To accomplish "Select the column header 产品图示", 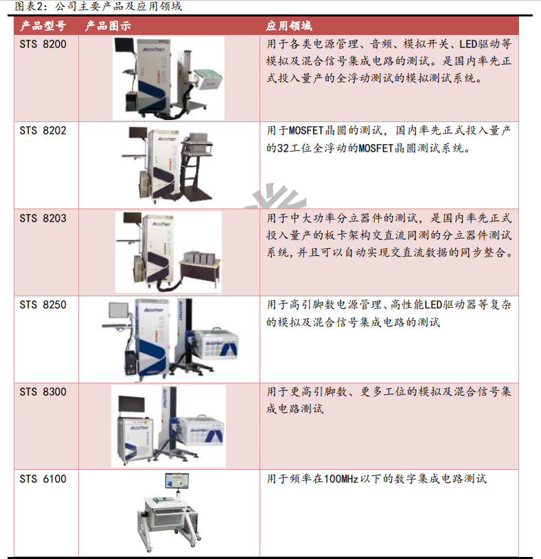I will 108,26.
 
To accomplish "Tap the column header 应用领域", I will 289,26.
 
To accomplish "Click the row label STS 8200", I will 43,44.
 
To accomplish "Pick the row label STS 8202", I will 43,130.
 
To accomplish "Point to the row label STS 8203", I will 43,218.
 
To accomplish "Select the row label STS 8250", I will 43,305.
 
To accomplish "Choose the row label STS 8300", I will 43,392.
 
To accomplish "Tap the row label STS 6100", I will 43,479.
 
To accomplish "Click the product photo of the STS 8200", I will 168,78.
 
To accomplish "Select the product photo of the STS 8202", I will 168,165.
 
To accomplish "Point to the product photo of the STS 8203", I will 168,252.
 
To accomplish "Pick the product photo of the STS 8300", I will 168,425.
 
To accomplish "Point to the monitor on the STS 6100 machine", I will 176,481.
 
